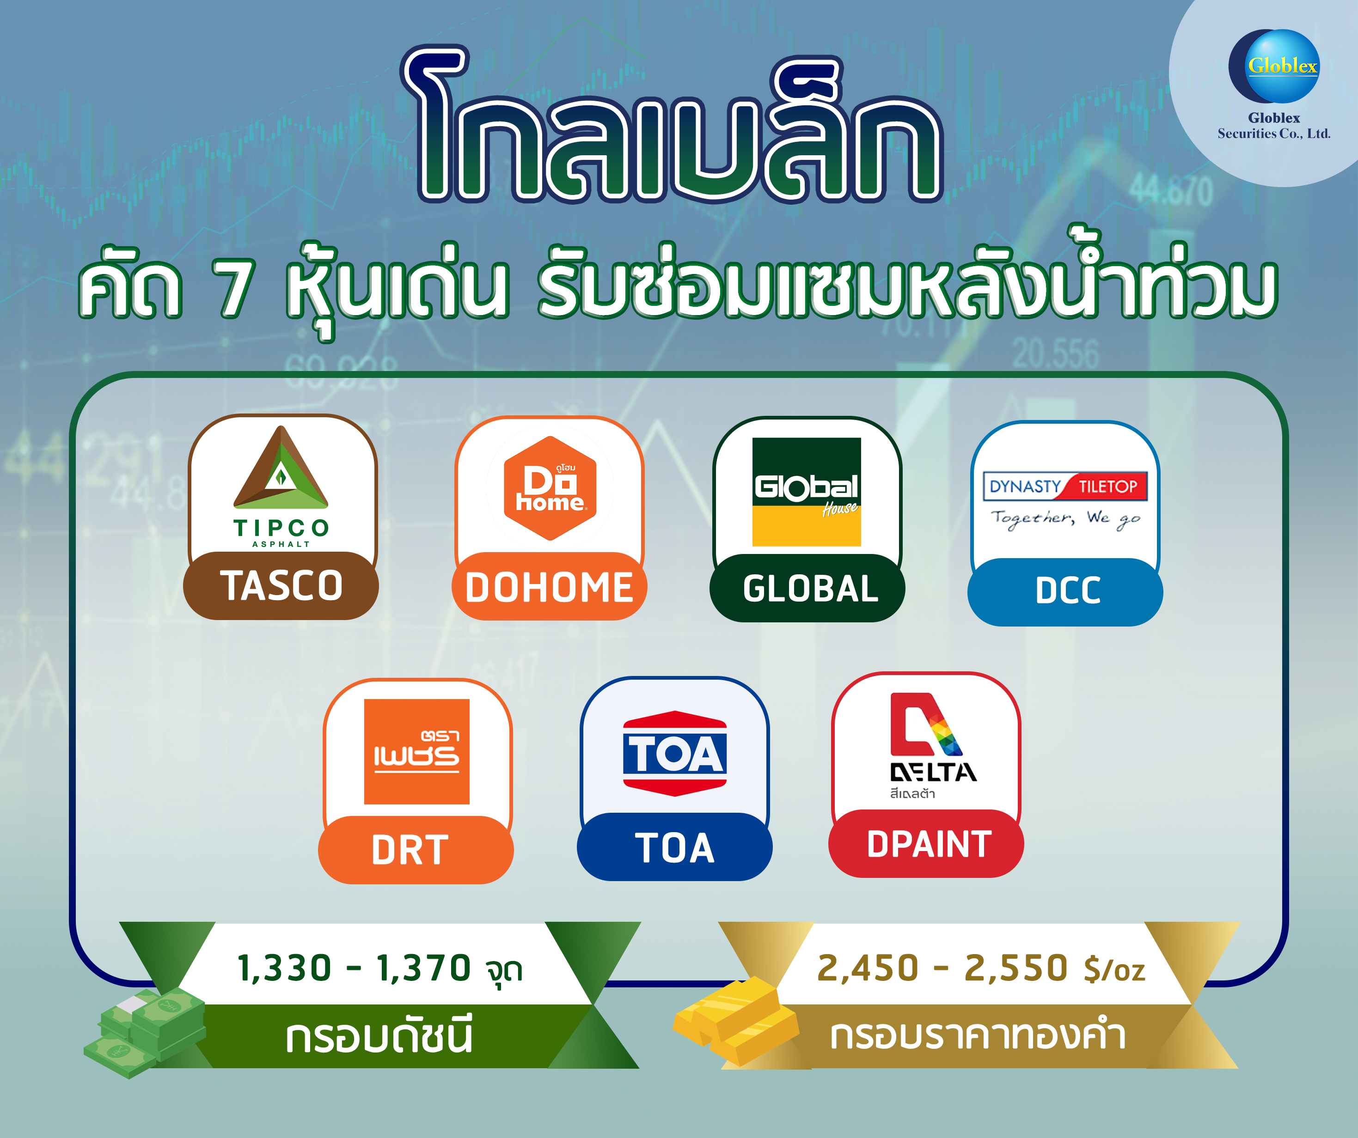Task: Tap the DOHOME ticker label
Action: tap(549, 588)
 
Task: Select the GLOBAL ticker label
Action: tap(810, 589)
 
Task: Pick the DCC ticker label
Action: tap(1068, 591)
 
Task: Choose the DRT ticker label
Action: tap(410, 850)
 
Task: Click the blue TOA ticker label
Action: tap(674, 848)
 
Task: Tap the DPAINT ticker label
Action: tap(929, 845)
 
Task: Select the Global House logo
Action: tap(807, 492)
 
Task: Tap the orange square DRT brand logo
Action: tap(416, 751)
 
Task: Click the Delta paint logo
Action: tap(932, 746)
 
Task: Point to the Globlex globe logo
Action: tap(1273, 66)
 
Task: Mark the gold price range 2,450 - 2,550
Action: tap(942, 968)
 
